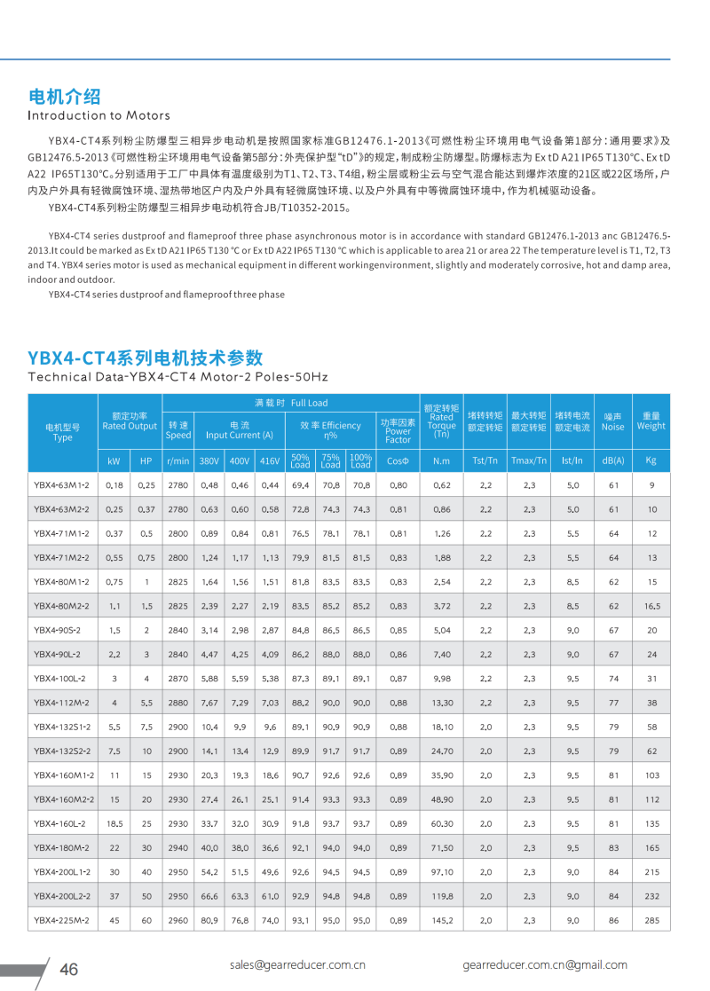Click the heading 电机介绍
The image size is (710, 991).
pos(64,97)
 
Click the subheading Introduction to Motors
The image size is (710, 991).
pos(99,115)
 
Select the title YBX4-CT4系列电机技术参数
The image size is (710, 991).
pos(146,358)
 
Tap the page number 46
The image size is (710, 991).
pos(68,969)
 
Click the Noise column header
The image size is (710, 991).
pos(612,421)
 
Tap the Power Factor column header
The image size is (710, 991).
pos(398,431)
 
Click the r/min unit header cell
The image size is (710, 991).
pos(178,461)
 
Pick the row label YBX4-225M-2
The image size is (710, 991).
pos(62,920)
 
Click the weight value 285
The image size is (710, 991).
pos(651,920)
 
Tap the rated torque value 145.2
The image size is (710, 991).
pos(442,920)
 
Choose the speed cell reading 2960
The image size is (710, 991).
pos(178,920)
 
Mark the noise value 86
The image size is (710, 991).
pos(612,920)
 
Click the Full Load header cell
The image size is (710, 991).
pos(290,403)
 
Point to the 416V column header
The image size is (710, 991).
pos(270,461)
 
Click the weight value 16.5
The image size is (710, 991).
pos(651,606)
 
